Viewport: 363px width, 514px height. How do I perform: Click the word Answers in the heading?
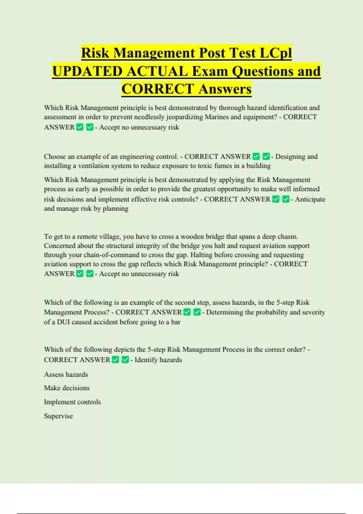click(x=225, y=89)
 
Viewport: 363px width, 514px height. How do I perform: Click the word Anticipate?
click(x=310, y=200)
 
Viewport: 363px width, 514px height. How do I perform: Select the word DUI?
click(x=64, y=322)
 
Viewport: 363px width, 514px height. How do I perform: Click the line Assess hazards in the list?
click(x=66, y=375)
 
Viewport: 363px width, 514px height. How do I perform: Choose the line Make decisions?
click(x=67, y=388)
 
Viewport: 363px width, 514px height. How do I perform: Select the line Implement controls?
click(x=72, y=402)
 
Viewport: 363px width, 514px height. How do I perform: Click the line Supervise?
click(x=58, y=416)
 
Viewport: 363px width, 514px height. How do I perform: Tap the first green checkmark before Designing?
click(x=256, y=156)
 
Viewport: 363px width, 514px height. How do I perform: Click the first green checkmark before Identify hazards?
click(x=116, y=360)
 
